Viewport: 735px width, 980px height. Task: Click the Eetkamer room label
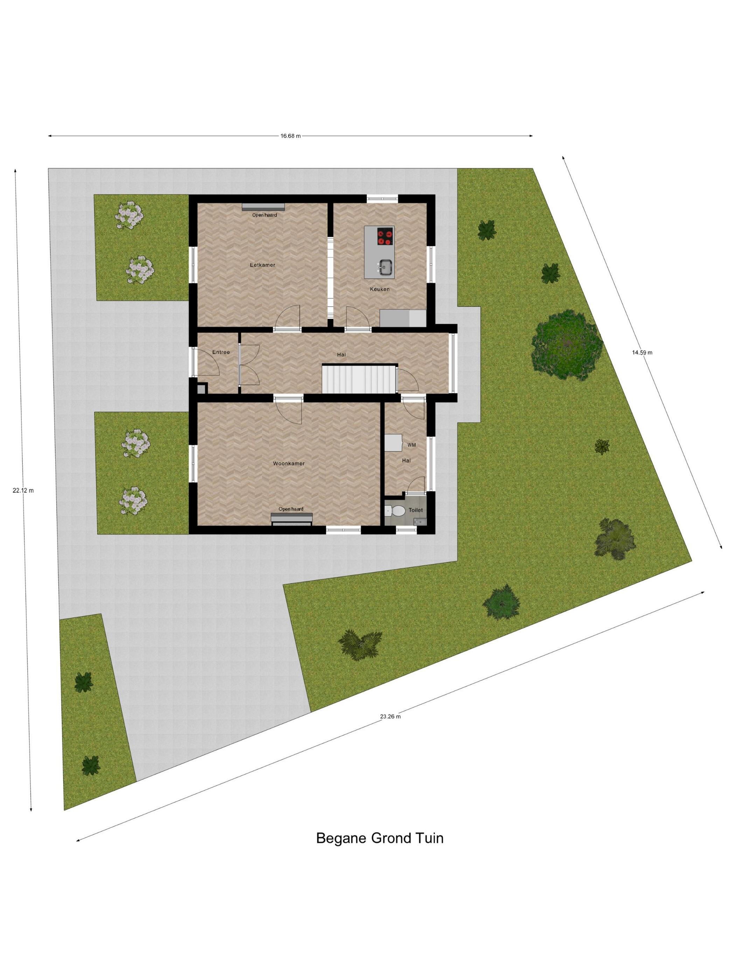(x=262, y=265)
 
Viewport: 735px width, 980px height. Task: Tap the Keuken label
(x=380, y=289)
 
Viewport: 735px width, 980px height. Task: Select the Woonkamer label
(x=288, y=463)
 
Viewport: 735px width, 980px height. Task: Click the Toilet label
(x=415, y=510)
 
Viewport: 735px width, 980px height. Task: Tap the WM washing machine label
(x=412, y=445)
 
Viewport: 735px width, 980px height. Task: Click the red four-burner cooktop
(x=385, y=236)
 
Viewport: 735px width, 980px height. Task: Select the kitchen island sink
(x=385, y=267)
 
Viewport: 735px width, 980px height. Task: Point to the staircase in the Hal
(x=359, y=378)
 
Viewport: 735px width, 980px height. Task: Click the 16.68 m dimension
(x=290, y=136)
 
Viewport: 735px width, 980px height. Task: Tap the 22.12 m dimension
(x=23, y=490)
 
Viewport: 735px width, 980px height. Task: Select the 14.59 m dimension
(x=642, y=353)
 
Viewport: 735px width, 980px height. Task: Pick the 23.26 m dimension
(x=390, y=716)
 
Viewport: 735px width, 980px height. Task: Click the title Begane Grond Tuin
(x=380, y=838)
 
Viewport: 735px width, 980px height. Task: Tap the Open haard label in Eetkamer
(x=265, y=215)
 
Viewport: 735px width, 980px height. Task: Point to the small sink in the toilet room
(x=419, y=522)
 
